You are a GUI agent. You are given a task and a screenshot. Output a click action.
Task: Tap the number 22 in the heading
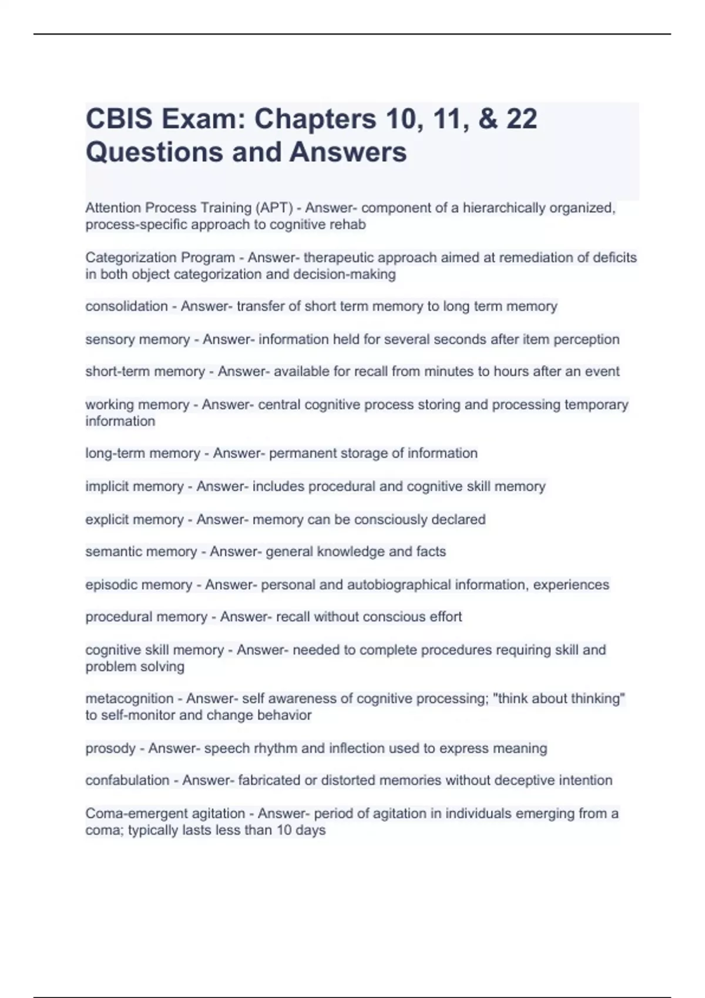pos(521,119)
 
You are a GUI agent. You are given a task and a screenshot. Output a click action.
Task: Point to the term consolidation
pos(126,306)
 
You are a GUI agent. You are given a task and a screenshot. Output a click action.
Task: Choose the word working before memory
pos(109,404)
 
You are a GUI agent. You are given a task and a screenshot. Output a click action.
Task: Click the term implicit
pos(106,486)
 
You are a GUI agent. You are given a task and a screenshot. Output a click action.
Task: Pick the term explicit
pos(108,520)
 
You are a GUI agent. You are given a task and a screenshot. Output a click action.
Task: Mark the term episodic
pos(110,585)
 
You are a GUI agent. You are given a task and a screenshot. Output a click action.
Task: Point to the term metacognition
pos(129,699)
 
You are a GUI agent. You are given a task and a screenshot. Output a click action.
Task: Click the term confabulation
pos(127,780)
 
